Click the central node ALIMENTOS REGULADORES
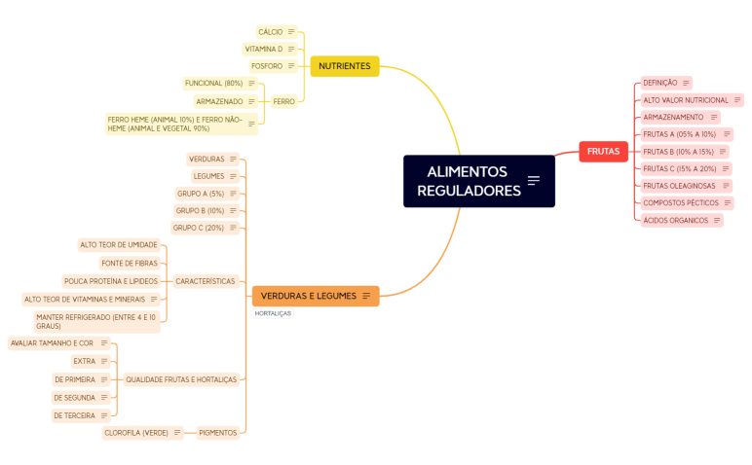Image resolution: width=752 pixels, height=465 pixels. tap(470, 181)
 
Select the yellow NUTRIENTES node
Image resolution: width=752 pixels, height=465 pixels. tap(344, 66)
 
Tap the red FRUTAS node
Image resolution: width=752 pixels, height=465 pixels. tap(603, 151)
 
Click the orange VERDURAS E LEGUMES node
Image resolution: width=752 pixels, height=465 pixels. tap(308, 296)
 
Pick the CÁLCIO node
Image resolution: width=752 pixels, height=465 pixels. tap(271, 32)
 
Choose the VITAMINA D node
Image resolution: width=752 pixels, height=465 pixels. tap(263, 49)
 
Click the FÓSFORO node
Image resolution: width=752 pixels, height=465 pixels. tap(267, 66)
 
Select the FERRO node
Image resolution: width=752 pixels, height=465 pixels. tap(283, 101)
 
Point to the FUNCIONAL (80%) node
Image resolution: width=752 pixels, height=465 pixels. tap(213, 84)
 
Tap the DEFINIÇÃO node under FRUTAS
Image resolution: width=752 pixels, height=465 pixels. tap(660, 83)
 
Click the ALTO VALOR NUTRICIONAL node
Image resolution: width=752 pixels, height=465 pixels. tap(686, 100)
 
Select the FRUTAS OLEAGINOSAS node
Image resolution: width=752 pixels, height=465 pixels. tap(679, 186)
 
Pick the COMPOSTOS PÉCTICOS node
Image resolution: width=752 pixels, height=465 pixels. tap(681, 203)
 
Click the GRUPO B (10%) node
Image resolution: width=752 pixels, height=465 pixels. tap(200, 210)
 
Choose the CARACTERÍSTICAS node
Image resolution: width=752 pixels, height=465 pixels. tap(206, 281)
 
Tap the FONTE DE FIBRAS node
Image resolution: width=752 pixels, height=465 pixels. tap(129, 263)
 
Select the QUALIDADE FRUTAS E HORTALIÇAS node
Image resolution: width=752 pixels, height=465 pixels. tap(181, 379)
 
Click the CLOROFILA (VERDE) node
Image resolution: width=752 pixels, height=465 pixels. tap(136, 433)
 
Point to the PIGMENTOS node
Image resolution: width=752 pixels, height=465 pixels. tap(217, 433)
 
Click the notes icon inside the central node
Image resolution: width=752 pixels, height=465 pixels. tap(534, 180)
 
